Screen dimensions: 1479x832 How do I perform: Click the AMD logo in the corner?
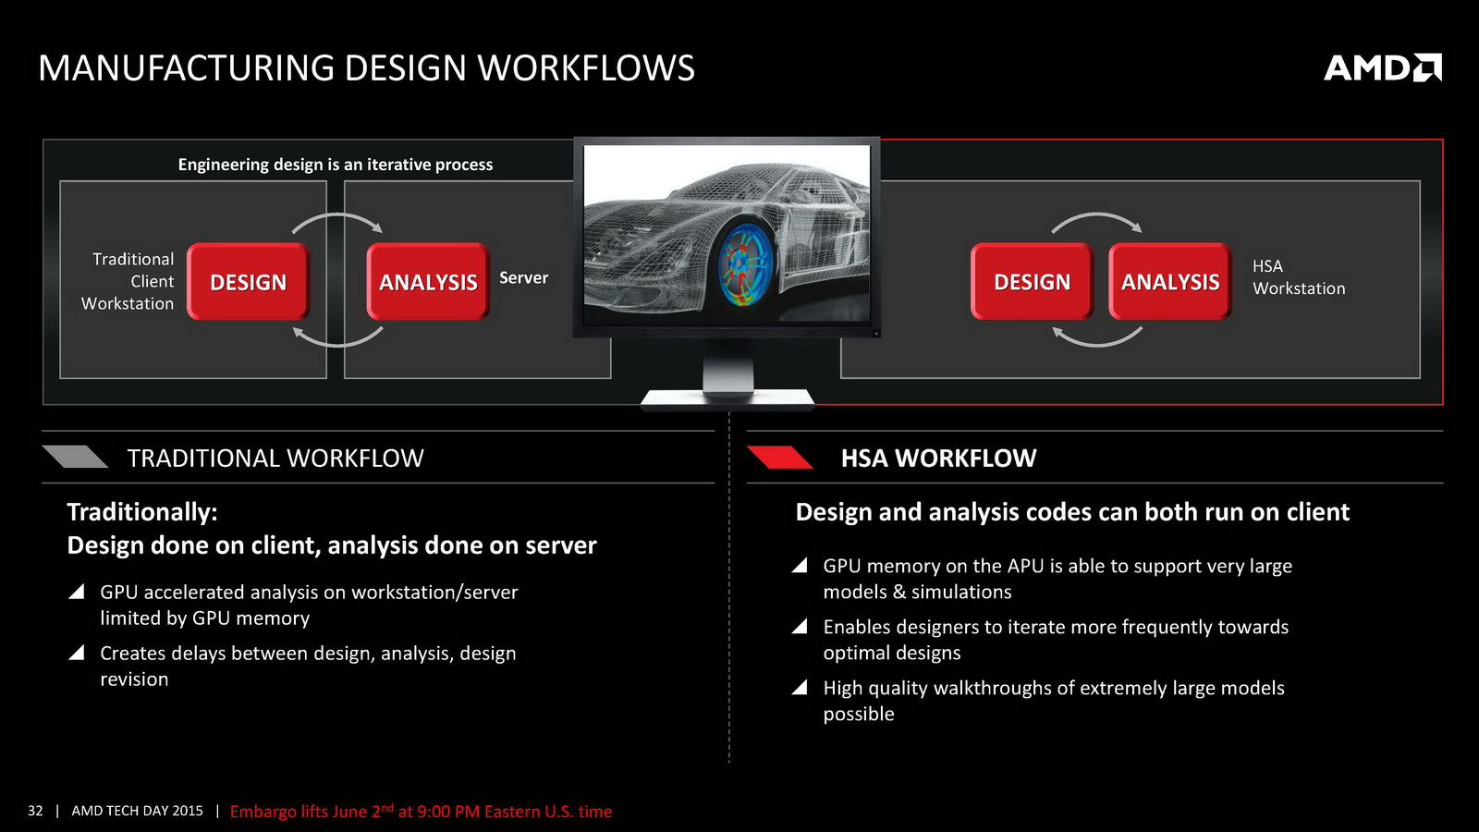1383,68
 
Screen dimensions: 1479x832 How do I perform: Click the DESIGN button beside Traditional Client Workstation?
249,282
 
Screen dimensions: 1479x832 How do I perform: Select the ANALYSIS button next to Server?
428,282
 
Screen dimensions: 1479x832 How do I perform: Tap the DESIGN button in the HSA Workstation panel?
1032,282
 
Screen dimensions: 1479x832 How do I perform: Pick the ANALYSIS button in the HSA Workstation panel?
1170,282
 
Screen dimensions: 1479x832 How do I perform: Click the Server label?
523,278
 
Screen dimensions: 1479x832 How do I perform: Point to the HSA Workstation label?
1299,277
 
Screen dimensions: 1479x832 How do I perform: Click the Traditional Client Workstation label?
128,281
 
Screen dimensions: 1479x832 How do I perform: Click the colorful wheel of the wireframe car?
743,263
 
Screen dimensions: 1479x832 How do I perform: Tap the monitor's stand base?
727,399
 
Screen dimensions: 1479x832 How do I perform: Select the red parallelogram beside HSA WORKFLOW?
780,457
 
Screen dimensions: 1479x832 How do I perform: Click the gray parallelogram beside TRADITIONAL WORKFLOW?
75,457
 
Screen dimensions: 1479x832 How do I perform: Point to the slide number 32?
35,811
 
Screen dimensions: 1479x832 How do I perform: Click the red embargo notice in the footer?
421,811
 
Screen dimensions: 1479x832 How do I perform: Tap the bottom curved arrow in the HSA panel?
1097,343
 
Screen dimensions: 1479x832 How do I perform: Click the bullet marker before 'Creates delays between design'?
77,653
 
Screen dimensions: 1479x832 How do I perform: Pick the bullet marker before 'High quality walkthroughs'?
800,688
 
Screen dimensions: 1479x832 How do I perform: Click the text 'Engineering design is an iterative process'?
336,165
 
